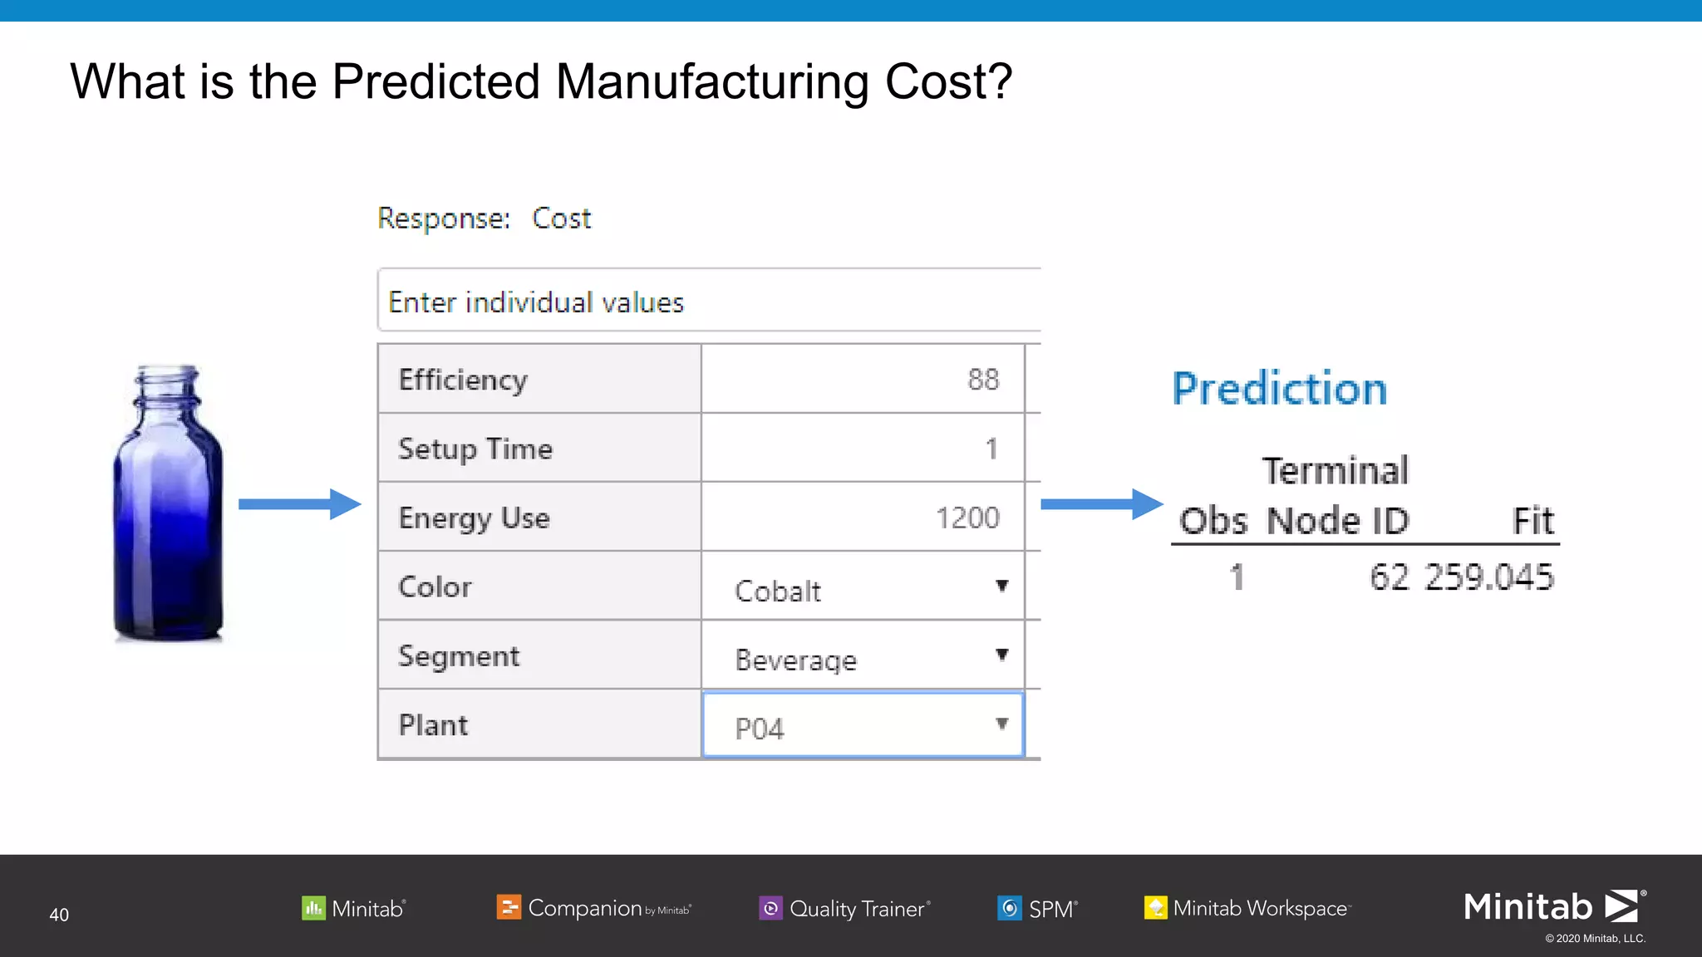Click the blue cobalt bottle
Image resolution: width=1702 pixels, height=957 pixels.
[169, 503]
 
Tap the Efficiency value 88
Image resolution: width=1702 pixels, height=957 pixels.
[983, 380]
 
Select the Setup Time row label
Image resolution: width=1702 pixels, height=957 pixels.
[475, 449]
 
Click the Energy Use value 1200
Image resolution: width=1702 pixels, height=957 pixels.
[967, 518]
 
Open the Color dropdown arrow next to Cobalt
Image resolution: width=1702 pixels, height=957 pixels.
[1002, 586]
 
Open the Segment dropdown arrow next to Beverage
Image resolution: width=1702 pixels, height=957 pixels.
[1002, 655]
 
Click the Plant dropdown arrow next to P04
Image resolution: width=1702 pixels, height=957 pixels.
[1002, 724]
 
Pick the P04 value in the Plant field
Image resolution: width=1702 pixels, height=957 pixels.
[760, 729]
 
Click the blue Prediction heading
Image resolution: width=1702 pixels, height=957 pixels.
[1279, 388]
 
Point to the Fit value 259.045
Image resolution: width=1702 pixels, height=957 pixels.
[1488, 577]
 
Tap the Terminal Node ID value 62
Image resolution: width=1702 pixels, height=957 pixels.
[1389, 577]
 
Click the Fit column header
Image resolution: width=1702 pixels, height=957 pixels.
[1532, 521]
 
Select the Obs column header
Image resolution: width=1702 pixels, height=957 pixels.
[1213, 521]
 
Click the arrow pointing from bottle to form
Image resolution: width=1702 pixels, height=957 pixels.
[299, 503]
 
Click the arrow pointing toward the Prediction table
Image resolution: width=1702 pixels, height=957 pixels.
[1101, 503]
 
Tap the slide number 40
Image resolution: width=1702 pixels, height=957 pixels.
[59, 915]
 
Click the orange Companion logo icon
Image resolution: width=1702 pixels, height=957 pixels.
[509, 907]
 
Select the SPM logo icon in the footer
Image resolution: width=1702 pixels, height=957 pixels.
[1010, 908]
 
